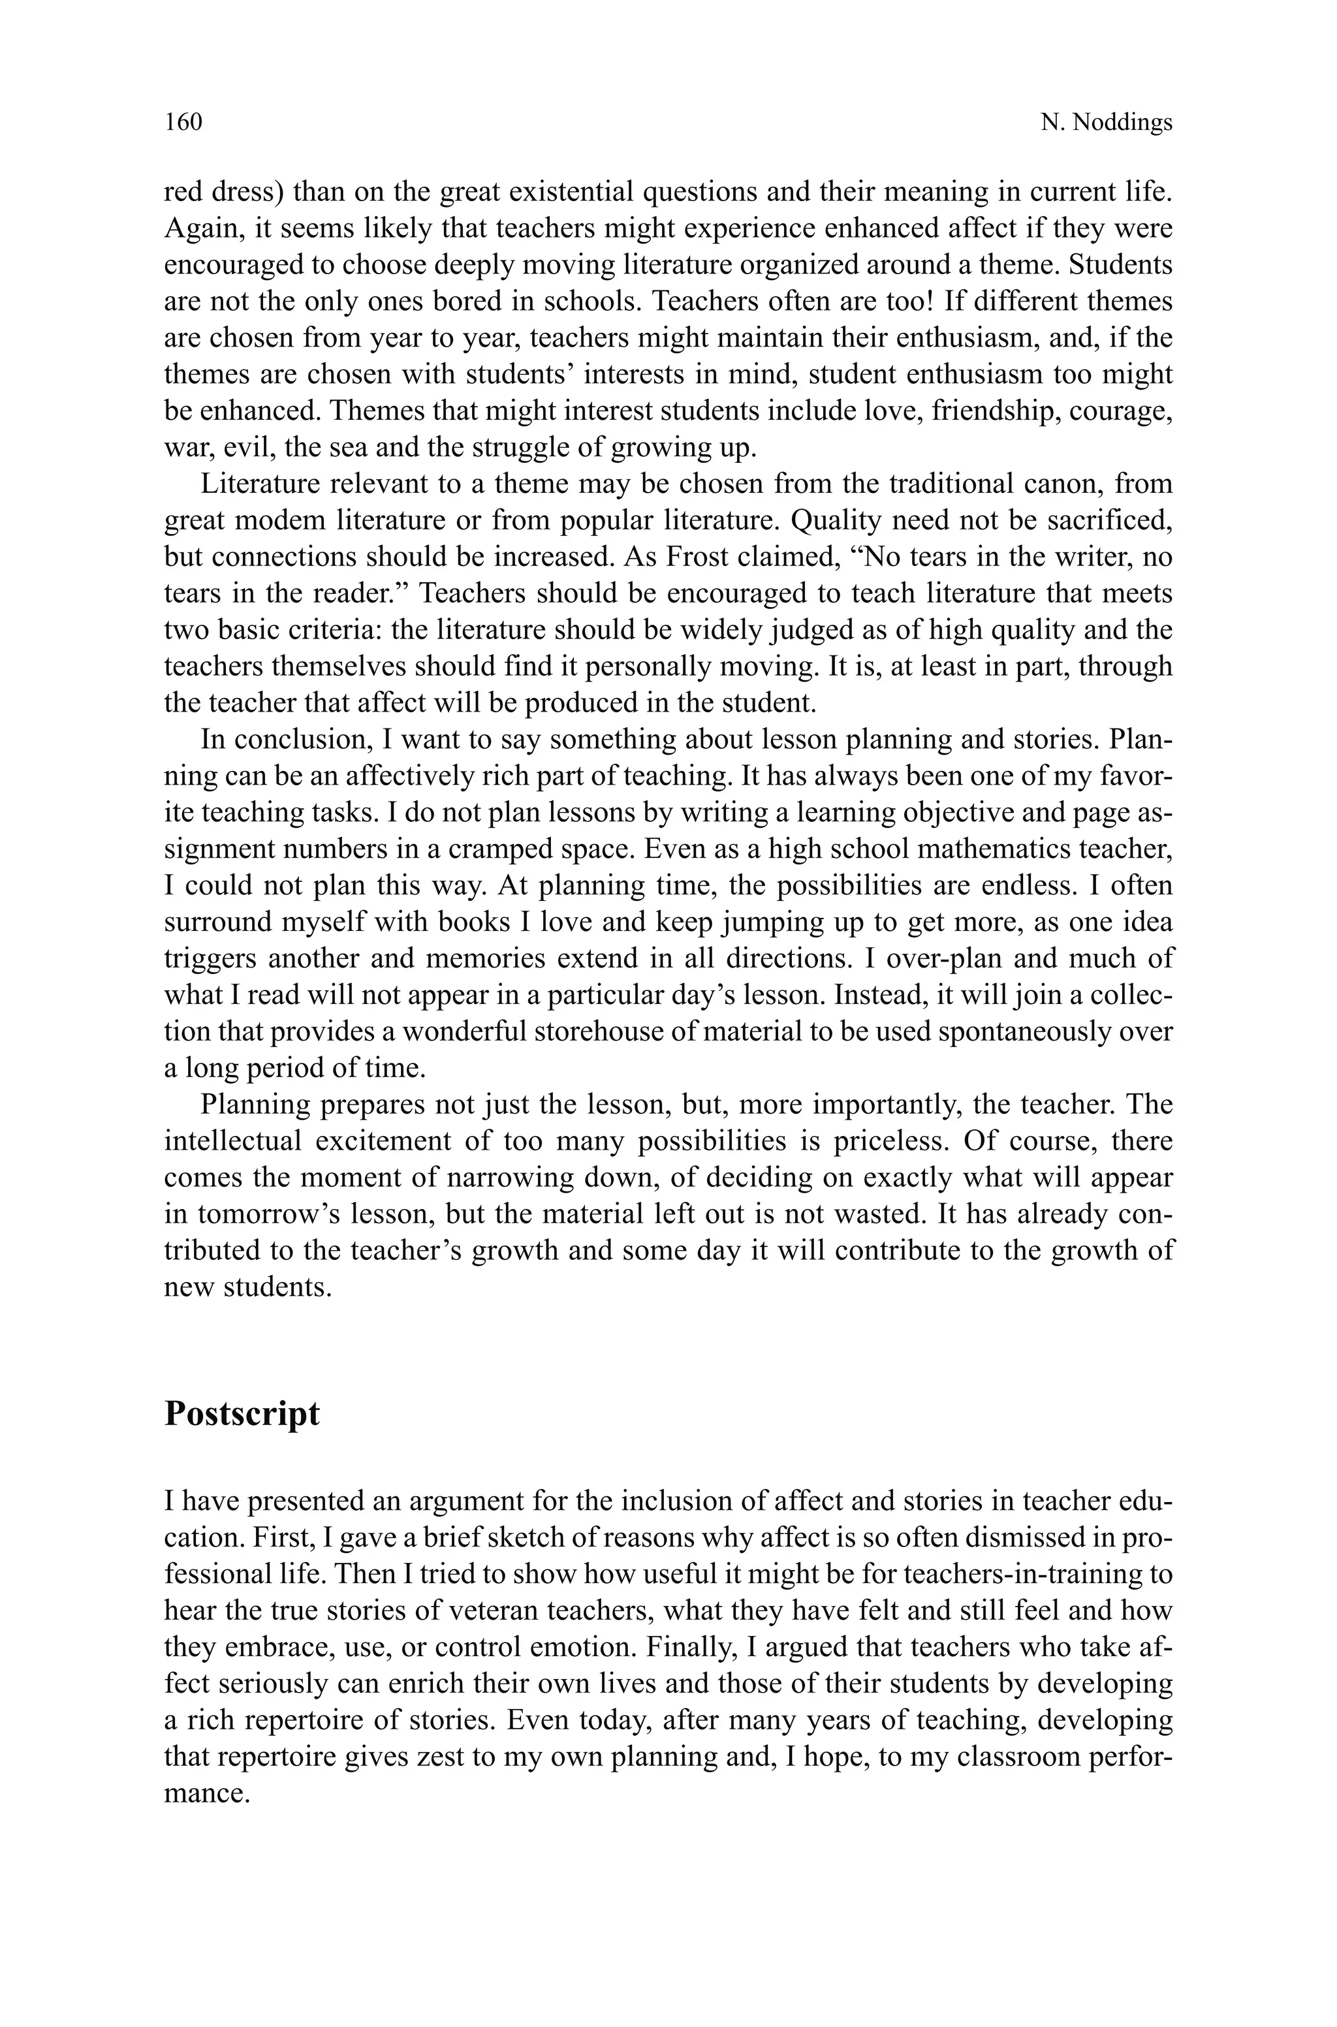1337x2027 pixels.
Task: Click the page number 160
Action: pos(183,122)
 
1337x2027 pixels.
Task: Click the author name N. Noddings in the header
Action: pos(1106,123)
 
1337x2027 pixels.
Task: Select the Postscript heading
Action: pos(242,1413)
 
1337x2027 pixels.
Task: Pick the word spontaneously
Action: pos(1028,1031)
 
